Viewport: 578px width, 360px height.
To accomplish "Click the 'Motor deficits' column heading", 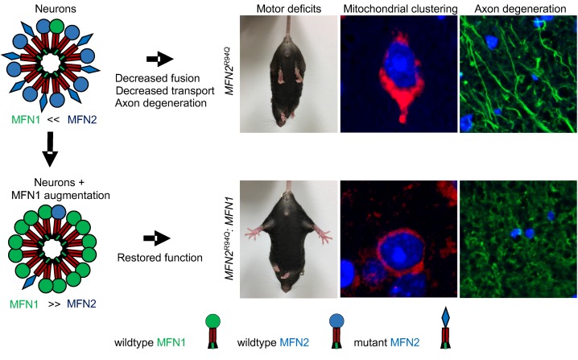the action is click(287, 9).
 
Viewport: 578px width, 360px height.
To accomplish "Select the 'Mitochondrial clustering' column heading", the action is click(397, 9).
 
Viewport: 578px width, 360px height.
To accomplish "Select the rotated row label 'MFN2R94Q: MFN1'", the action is click(229, 238).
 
